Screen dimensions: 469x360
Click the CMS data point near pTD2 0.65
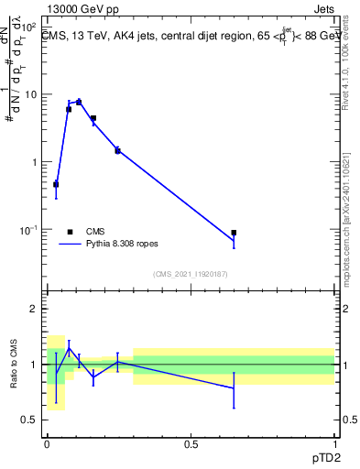235,233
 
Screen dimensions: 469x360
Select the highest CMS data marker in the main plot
79,102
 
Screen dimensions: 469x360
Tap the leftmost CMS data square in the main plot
56,184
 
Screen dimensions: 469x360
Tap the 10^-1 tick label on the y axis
30,229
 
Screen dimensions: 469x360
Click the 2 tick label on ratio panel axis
35,309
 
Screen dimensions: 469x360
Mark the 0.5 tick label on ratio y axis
31,420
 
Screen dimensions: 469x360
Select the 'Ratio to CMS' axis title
15,364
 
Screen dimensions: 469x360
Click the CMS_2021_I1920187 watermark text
191,274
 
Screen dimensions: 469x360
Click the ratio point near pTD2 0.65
235,388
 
